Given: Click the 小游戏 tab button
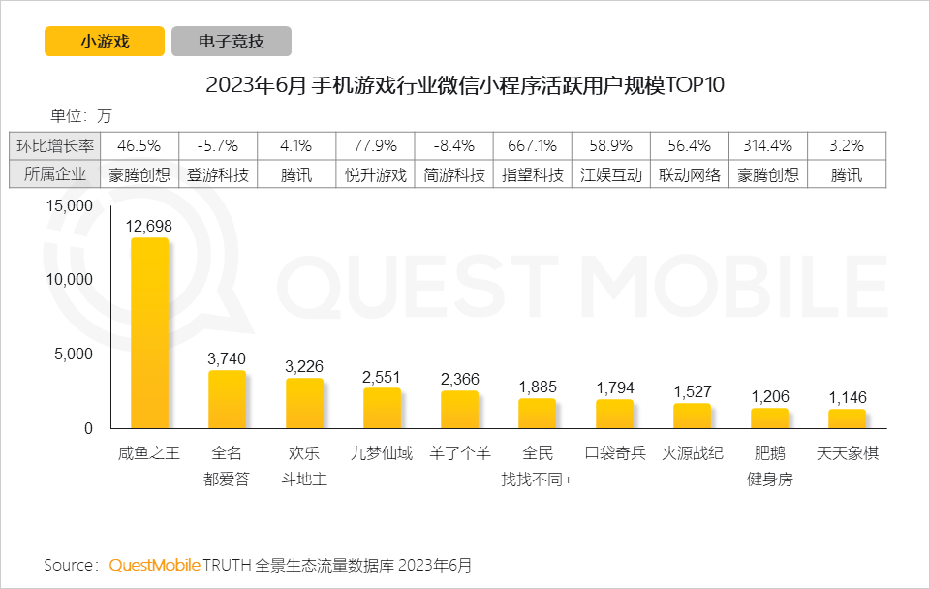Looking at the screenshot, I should click(x=105, y=42).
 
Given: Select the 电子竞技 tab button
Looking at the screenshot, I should click(x=232, y=42).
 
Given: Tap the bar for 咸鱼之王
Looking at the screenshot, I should click(x=149, y=333).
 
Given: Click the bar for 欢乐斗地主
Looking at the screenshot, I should click(x=304, y=403).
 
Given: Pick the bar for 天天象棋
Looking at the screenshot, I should click(x=847, y=418).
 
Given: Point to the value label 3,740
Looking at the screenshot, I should click(x=227, y=358).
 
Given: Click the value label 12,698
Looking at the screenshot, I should click(x=149, y=226).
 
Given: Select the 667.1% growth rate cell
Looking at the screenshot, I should click(x=531, y=146).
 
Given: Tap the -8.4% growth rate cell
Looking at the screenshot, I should click(x=453, y=146).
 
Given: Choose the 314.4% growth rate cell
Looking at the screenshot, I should click(x=767, y=146).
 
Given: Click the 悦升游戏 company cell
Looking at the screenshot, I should click(x=376, y=175).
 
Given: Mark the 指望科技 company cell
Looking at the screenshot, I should click(x=531, y=175).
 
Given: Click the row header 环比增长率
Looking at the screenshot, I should click(x=56, y=146).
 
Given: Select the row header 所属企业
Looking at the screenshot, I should click(x=56, y=175).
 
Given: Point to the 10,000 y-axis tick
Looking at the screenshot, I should click(x=67, y=280).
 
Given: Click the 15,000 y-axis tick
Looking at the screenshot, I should click(x=67, y=206).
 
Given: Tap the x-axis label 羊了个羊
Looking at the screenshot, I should click(x=459, y=453).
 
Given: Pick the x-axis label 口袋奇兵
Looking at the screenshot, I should click(x=614, y=453).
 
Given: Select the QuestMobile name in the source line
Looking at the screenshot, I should click(x=155, y=565).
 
